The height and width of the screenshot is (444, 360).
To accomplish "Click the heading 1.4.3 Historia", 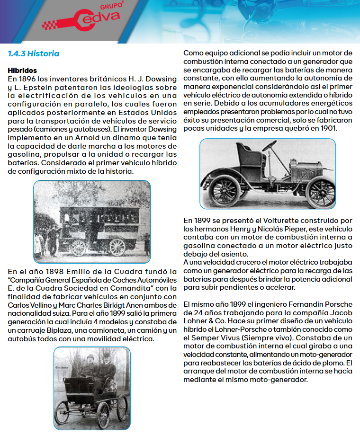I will (x=34, y=53).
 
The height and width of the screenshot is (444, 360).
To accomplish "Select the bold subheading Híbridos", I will (x=22, y=71).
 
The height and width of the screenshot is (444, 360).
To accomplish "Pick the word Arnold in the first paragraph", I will (x=95, y=139).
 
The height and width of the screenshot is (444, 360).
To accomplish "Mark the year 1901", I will (x=325, y=128).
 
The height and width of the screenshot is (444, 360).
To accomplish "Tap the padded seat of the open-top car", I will (x=247, y=152).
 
